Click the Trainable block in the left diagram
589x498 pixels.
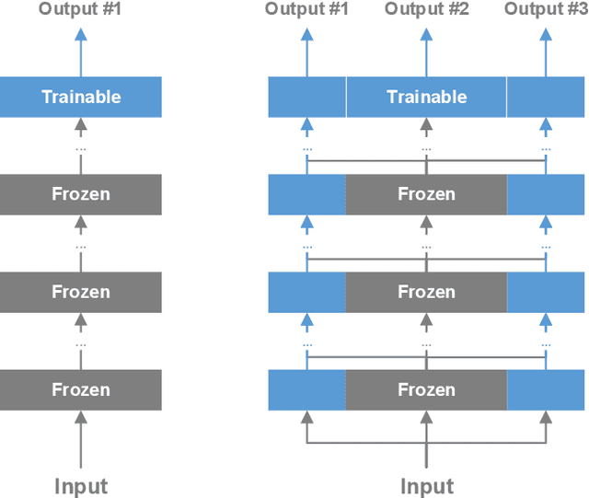(x=81, y=97)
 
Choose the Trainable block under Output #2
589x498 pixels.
(x=426, y=97)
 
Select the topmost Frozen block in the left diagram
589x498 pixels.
(x=81, y=194)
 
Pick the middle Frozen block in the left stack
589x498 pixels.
(x=81, y=292)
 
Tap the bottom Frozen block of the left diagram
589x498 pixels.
(x=81, y=389)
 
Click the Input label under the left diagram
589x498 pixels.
(x=81, y=486)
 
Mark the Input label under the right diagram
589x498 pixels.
(x=426, y=486)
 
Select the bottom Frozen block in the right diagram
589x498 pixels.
(x=426, y=389)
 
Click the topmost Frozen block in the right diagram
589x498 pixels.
(x=426, y=194)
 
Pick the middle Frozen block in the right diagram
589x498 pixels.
(x=426, y=292)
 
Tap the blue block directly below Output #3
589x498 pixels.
(x=547, y=97)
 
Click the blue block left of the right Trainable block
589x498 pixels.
(x=306, y=97)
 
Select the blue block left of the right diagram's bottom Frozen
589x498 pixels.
(x=306, y=389)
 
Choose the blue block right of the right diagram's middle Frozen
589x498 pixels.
(x=547, y=292)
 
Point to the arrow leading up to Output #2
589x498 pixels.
(x=426, y=51)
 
